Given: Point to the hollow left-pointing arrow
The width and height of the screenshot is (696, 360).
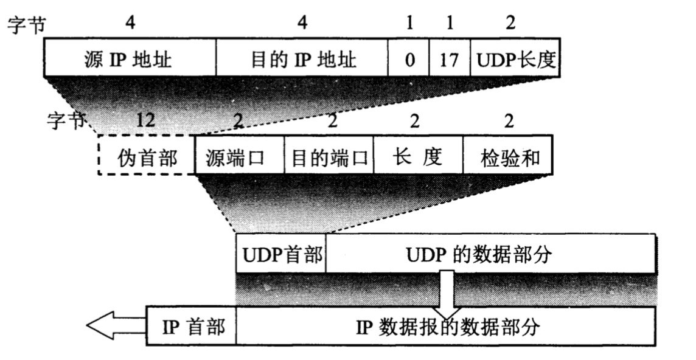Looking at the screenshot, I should pyautogui.click(x=116, y=327).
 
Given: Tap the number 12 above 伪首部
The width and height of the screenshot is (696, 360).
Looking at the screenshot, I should pyautogui.click(x=145, y=120).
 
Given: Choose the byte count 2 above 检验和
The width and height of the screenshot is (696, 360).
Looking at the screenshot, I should pyautogui.click(x=509, y=120).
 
